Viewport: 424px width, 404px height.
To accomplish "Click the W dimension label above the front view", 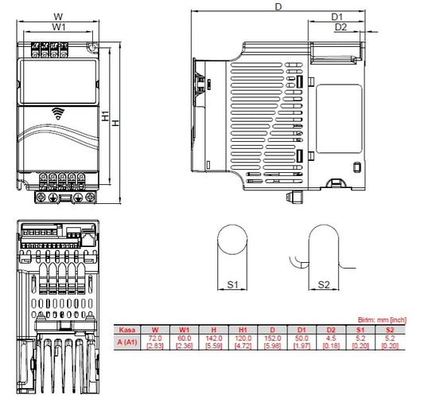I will coord(57,16).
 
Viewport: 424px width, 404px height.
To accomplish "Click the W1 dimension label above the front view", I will coord(57,27).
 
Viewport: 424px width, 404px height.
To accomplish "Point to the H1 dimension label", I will coord(106,116).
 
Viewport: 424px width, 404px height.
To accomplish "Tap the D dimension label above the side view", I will coord(278,6).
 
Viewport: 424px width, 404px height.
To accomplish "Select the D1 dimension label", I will coord(336,16).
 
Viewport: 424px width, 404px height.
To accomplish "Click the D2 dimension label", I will coord(340,27).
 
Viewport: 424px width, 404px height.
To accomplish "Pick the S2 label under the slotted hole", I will coord(324,284).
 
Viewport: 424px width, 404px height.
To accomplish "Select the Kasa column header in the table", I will coord(125,328).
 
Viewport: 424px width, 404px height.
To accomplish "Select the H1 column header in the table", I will coord(243,328).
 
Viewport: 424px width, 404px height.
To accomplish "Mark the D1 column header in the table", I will coord(302,328).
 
